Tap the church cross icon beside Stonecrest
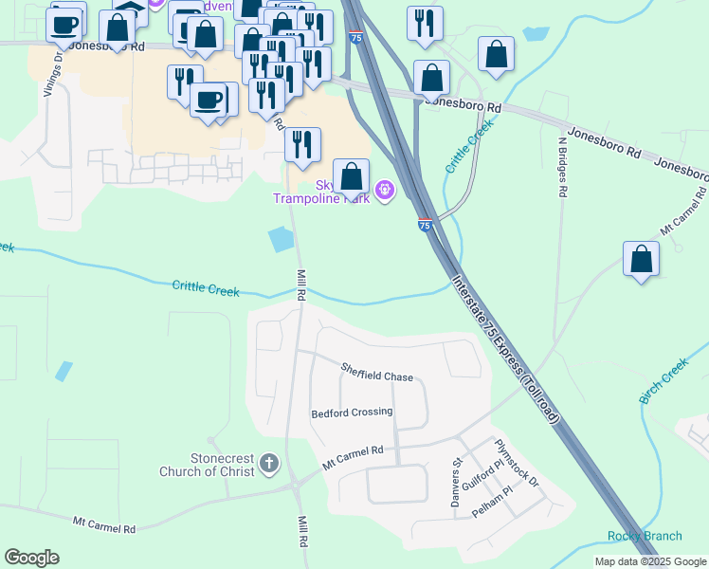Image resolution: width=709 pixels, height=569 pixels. coord(269,464)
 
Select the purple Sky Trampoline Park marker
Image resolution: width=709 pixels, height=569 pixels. coord(385,191)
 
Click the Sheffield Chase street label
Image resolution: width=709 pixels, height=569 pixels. coord(377,376)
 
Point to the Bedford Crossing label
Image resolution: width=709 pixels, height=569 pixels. coord(352,413)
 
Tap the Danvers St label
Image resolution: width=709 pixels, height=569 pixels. coord(456,474)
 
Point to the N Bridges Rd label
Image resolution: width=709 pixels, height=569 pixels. coord(562,167)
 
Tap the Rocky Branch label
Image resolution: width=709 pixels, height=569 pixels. coord(645,536)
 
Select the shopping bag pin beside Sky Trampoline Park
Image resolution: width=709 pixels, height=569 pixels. coord(351,176)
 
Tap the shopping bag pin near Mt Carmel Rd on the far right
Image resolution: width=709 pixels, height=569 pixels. coord(642,259)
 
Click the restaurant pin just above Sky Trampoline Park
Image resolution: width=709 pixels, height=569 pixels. coord(302,145)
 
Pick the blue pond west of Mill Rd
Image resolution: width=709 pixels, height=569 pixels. coord(282,240)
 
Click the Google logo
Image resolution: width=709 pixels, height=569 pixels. coord(31,558)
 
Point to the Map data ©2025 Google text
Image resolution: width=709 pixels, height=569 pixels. coord(650,561)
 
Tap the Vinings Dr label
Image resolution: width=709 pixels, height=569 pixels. coord(59,71)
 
